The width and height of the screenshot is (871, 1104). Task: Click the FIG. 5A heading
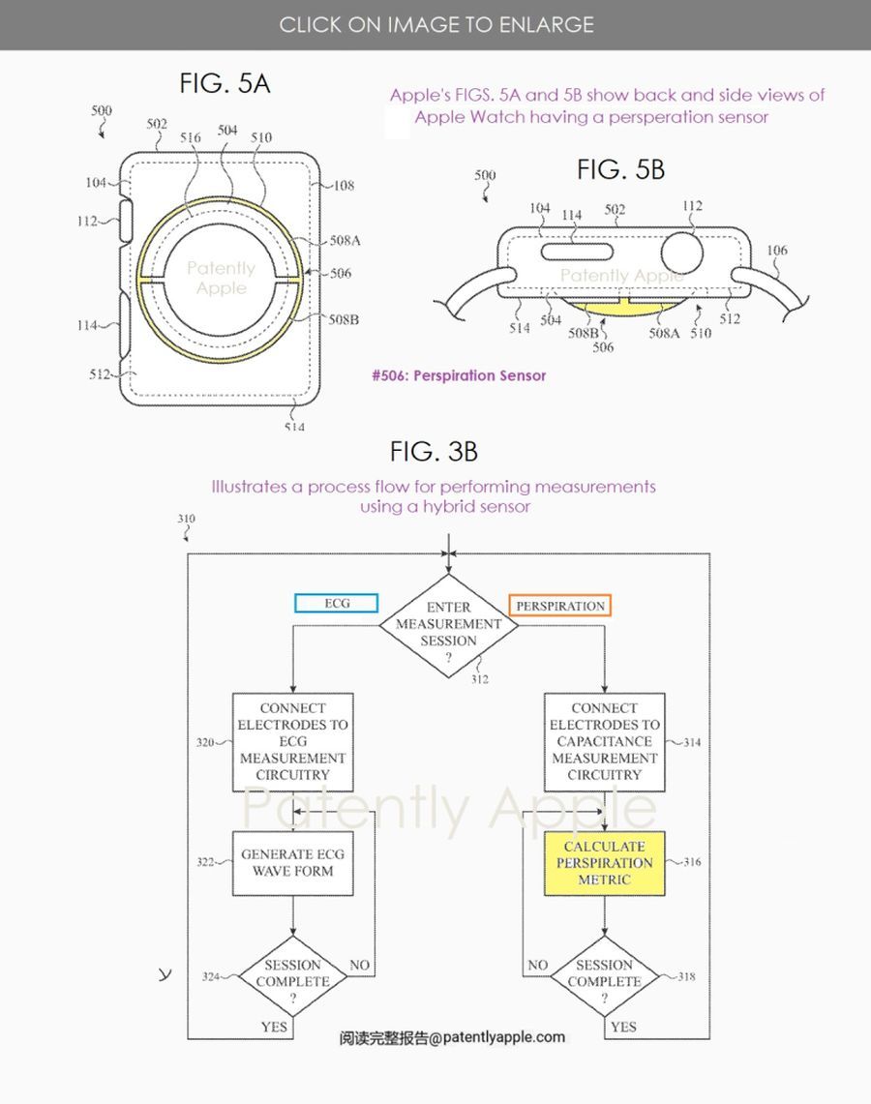point(225,84)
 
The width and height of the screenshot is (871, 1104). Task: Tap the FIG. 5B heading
point(620,170)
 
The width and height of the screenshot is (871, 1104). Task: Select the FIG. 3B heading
point(434,451)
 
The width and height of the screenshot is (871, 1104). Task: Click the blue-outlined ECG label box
point(336,604)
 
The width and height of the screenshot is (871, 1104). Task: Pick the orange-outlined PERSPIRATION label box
point(560,607)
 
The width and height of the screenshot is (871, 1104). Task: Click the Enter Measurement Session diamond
point(448,624)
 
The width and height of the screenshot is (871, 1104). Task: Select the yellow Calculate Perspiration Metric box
point(604,863)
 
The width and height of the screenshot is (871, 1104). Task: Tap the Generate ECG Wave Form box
point(292,863)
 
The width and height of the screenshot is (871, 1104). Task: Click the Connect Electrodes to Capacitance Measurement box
point(604,742)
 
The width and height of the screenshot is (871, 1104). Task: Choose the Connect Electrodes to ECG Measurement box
point(292,742)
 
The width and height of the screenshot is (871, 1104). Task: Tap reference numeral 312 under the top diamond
point(480,679)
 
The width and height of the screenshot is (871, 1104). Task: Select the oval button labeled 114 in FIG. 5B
point(572,252)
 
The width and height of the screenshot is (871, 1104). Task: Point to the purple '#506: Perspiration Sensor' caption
point(459,375)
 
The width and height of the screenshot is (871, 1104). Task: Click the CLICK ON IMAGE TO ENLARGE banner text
point(435,24)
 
